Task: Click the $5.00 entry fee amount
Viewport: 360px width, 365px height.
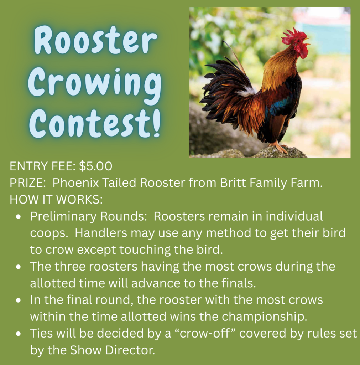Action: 95,166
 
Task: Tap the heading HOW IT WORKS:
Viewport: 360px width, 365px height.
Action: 56,200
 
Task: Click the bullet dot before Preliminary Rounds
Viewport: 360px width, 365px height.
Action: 19,217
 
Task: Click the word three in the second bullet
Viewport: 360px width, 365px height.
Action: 70,267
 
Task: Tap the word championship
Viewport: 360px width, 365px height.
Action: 264,317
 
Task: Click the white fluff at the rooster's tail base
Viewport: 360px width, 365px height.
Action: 246,92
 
